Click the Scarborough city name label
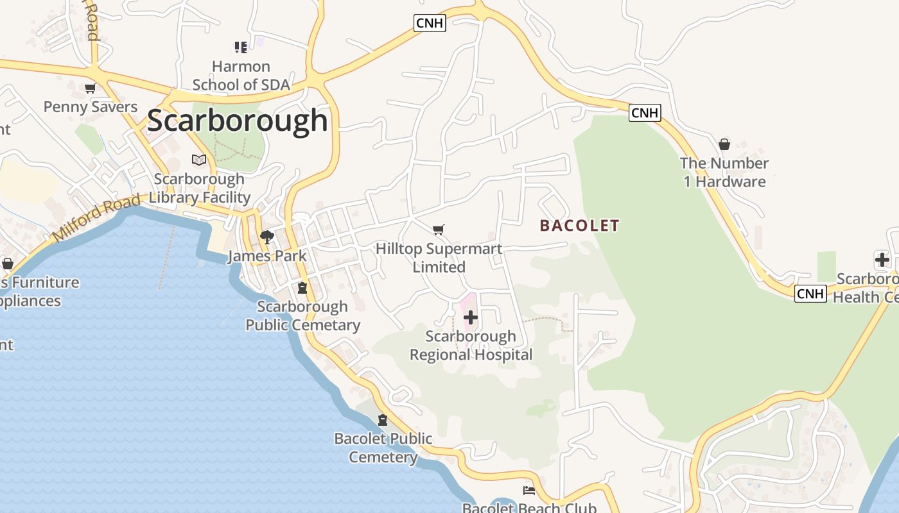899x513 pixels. [238, 121]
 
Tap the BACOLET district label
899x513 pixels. [579, 226]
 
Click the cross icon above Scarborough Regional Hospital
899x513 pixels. [471, 317]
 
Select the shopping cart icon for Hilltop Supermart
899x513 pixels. [439, 230]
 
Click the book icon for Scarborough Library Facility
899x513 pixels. [199, 160]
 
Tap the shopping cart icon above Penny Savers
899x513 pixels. [90, 88]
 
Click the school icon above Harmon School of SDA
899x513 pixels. [241, 47]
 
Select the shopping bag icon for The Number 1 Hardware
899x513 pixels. [724, 144]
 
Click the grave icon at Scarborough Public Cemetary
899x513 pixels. [302, 287]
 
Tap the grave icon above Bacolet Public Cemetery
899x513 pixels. [383, 420]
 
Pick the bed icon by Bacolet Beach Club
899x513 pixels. [529, 491]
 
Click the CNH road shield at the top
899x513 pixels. [430, 23]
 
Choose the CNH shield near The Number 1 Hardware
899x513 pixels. [645, 113]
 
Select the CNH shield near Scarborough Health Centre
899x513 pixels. [810, 294]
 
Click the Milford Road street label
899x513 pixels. [96, 219]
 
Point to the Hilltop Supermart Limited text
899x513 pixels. [439, 258]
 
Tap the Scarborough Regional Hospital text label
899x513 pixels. [471, 346]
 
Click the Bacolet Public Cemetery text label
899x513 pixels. [383, 448]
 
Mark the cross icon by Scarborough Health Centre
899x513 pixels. [882, 260]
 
